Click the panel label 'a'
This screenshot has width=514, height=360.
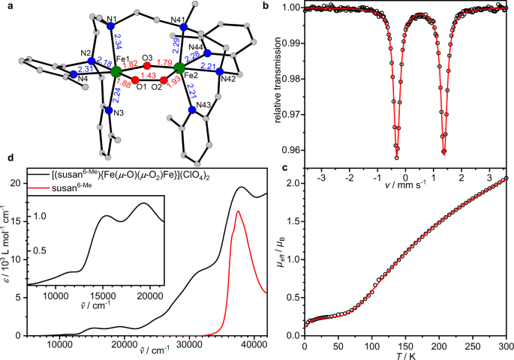click(5, 6)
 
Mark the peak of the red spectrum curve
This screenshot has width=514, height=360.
click(238, 212)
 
